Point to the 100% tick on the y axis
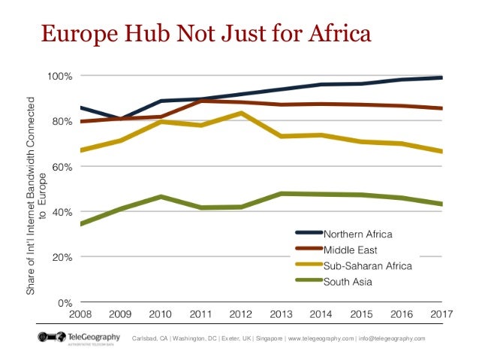pyautogui.click(x=59, y=76)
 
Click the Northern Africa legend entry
pyautogui.click(x=357, y=234)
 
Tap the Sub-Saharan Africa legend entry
pyautogui.click(x=366, y=266)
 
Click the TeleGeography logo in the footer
pyautogui.click(x=73, y=337)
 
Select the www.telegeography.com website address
pyautogui.click(x=325, y=338)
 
